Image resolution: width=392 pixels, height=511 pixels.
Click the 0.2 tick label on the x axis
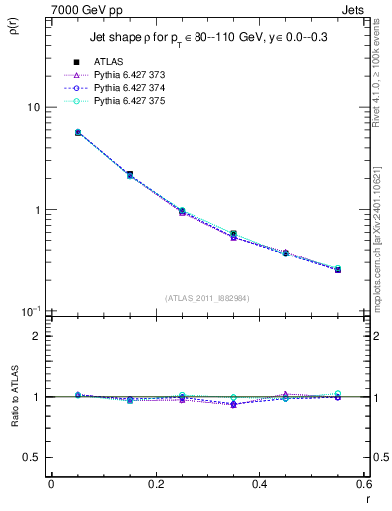pyautogui.click(x=155, y=486)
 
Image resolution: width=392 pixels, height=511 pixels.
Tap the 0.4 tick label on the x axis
pyautogui.click(x=259, y=486)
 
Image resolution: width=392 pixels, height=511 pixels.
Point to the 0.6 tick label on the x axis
pyautogui.click(x=364, y=486)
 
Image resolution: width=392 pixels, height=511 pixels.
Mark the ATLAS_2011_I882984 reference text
pyautogui.click(x=206, y=297)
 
